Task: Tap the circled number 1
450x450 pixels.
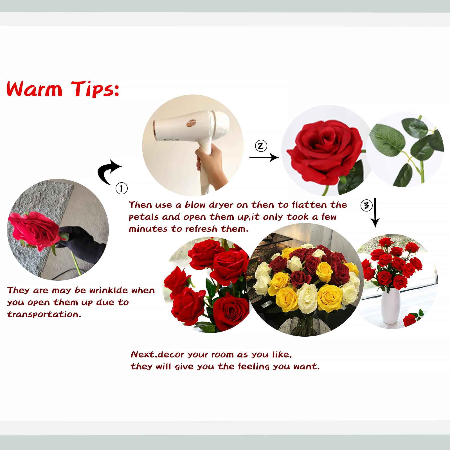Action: (121, 188)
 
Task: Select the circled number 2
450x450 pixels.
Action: (261, 146)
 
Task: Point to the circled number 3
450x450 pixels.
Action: (366, 206)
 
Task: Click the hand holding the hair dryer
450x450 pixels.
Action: (210, 160)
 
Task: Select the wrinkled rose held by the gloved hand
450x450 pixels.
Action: (35, 229)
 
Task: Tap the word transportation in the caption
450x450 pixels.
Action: (44, 314)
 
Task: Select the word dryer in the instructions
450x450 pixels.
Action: (221, 205)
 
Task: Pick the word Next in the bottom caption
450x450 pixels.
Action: (143, 354)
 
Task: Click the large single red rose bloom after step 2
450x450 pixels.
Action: (325, 150)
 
